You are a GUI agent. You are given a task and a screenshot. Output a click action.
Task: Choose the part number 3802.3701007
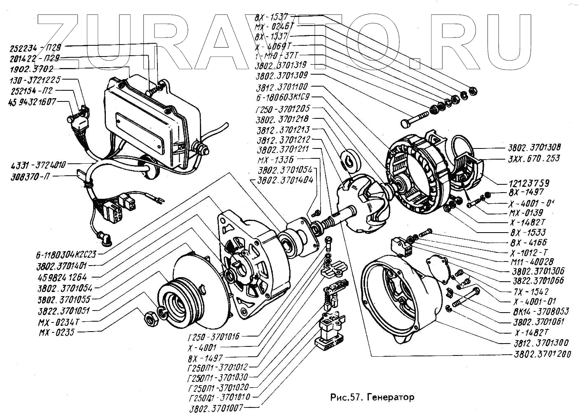pos(216,408)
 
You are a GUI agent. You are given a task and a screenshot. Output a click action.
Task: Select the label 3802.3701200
pos(543,354)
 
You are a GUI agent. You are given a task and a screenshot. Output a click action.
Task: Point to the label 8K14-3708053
pos(541,312)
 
